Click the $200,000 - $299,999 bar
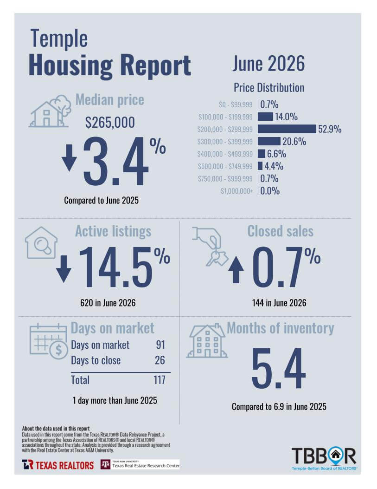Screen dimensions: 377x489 pyautogui.click(x=287, y=129)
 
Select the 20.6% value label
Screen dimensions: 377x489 pyautogui.click(x=294, y=142)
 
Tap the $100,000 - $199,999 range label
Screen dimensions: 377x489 pyautogui.click(x=225, y=117)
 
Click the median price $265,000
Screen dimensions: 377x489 pyautogui.click(x=110, y=122)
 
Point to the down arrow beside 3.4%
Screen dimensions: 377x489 pyautogui.click(x=69, y=157)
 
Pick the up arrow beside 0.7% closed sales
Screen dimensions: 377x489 pyautogui.click(x=236, y=269)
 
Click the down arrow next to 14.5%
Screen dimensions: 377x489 pyautogui.click(x=64, y=269)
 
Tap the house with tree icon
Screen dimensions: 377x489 pyautogui.click(x=50, y=111)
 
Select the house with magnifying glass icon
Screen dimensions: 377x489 pyautogui.click(x=41, y=242)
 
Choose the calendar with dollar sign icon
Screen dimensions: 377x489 pyautogui.click(x=49, y=341)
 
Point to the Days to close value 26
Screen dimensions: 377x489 pyautogui.click(x=160, y=360)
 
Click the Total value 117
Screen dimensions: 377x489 pyautogui.click(x=160, y=380)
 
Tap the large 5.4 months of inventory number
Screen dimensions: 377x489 pyautogui.click(x=278, y=369)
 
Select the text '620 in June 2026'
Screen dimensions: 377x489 pyautogui.click(x=108, y=303)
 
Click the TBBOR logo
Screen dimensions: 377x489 pyautogui.click(x=324, y=458)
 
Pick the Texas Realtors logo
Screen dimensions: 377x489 pyautogui.click(x=58, y=465)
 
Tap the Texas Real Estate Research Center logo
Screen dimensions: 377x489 pyautogui.click(x=140, y=464)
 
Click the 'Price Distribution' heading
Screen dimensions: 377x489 pyautogui.click(x=269, y=88)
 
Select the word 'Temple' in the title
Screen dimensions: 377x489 pyautogui.click(x=59, y=39)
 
